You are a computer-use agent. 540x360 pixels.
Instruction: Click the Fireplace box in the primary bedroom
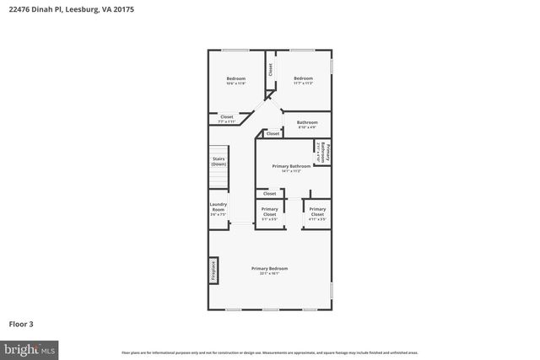[x=213, y=271]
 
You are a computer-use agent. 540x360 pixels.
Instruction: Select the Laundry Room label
[x=218, y=212]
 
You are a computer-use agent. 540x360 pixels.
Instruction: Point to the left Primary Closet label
[x=269, y=212]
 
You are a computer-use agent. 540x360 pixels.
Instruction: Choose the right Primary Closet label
[x=317, y=212]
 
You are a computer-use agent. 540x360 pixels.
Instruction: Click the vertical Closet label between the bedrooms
[x=270, y=71]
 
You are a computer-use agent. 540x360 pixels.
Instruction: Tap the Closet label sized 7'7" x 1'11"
[x=227, y=119]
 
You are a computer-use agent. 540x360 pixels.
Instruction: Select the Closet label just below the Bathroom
[x=273, y=133]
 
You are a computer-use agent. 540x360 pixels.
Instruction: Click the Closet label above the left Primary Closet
[x=269, y=193]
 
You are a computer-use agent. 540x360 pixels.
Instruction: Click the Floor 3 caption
[x=21, y=324]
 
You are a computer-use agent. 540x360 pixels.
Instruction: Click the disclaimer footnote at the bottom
[x=269, y=352]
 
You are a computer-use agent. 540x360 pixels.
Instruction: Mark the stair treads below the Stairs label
[x=219, y=179]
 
